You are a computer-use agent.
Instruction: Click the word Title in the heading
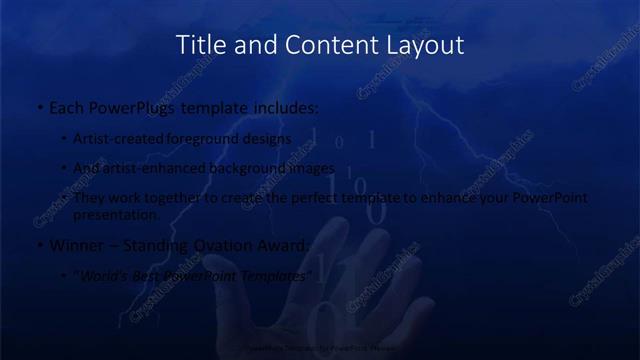[x=200, y=45]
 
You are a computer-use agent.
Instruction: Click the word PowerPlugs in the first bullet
[x=129, y=106]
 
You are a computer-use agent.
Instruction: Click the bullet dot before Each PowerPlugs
[x=39, y=107]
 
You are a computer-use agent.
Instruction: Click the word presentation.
[x=116, y=214]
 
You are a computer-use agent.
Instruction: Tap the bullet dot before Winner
[x=39, y=246]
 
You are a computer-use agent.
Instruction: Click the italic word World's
[x=106, y=276]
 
